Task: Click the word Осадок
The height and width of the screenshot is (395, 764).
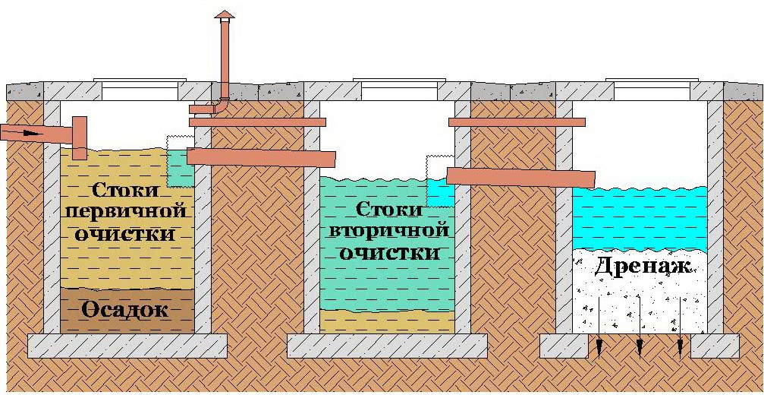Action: [126, 310]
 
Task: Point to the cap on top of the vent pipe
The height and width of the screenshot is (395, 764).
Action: [224, 15]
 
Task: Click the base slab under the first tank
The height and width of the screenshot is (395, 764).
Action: [127, 346]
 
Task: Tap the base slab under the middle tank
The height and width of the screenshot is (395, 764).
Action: [387, 346]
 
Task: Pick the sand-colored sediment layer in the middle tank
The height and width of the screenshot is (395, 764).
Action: [387, 321]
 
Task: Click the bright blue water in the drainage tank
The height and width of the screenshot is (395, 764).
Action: [640, 216]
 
